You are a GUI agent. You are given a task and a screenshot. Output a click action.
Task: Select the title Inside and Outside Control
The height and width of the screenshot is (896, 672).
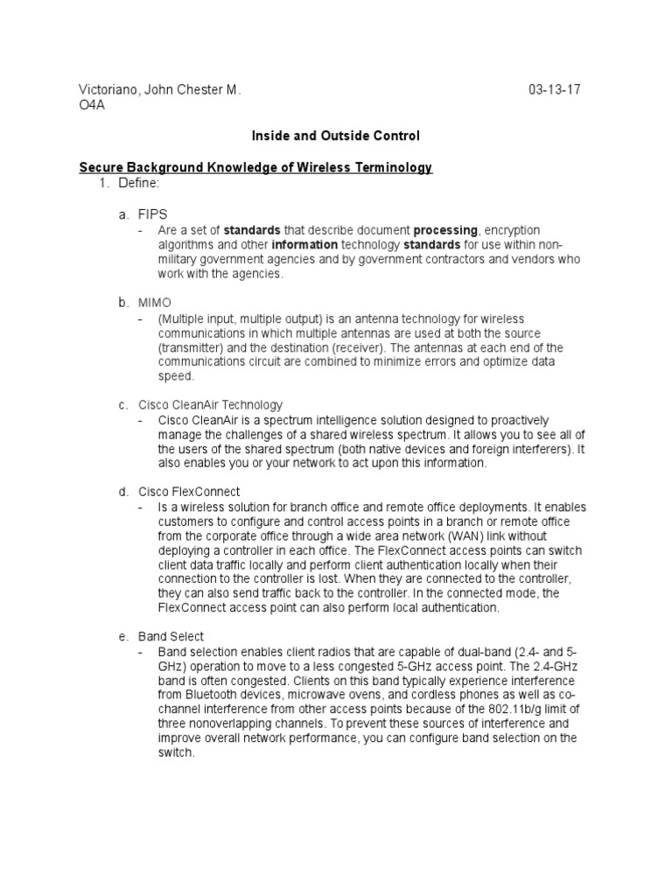[x=336, y=136]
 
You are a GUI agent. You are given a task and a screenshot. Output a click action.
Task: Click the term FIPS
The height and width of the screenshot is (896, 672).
[x=153, y=213]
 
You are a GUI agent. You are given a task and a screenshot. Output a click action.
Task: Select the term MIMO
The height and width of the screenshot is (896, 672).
[x=155, y=303]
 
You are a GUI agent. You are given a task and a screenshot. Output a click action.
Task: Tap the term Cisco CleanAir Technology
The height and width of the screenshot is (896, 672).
[x=211, y=405]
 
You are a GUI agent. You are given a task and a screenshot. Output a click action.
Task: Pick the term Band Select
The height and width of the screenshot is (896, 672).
[x=171, y=636]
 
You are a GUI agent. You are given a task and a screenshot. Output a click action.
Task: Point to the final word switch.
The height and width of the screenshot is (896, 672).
[x=174, y=752]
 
